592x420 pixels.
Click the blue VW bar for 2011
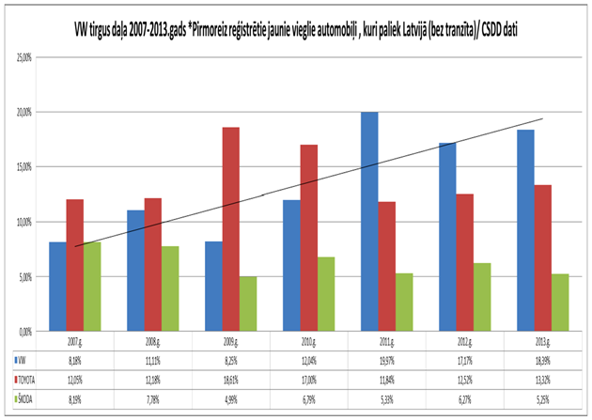(x=370, y=222)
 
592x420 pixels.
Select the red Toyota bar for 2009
(x=231, y=229)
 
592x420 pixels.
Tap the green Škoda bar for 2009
(x=248, y=303)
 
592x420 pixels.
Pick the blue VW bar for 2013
(x=526, y=230)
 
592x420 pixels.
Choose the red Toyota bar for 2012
(x=463, y=262)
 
